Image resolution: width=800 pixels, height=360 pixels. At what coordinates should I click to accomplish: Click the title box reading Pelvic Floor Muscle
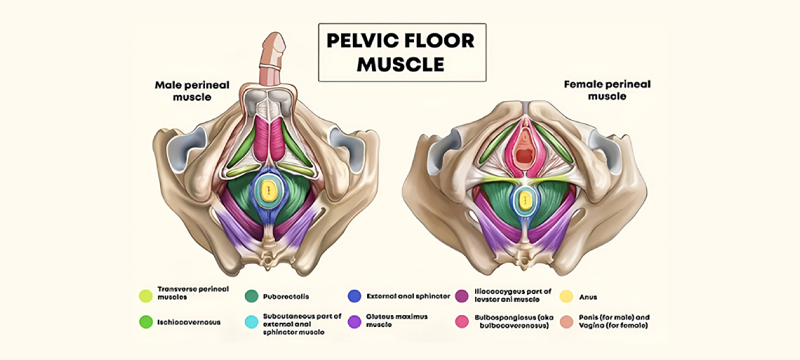pyautogui.click(x=401, y=53)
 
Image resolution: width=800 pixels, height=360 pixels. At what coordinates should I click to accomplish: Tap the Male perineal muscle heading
pyautogui.click(x=192, y=91)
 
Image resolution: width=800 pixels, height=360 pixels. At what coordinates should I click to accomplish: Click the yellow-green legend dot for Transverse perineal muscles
pyautogui.click(x=146, y=296)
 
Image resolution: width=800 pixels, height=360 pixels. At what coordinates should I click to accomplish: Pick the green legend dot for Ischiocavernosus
pyautogui.click(x=146, y=322)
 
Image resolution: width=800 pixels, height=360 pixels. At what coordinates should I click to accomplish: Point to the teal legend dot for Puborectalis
pyautogui.click(x=251, y=296)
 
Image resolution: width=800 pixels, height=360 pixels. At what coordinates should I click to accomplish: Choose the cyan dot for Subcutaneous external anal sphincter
pyautogui.click(x=251, y=322)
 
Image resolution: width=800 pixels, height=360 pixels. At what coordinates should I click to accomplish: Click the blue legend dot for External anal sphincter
pyautogui.click(x=354, y=296)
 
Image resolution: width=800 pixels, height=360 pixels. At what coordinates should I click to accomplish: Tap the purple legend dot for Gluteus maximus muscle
pyautogui.click(x=354, y=322)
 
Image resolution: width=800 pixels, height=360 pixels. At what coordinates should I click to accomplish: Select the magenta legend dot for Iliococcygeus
pyautogui.click(x=462, y=296)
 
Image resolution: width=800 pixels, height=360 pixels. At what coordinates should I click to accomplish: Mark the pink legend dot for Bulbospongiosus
pyautogui.click(x=462, y=322)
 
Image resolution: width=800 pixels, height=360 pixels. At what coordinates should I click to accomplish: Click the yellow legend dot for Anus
pyautogui.click(x=566, y=296)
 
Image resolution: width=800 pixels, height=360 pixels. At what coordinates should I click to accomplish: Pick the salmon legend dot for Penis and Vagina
pyautogui.click(x=566, y=322)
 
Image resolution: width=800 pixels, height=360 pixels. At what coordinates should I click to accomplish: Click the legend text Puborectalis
pyautogui.click(x=286, y=297)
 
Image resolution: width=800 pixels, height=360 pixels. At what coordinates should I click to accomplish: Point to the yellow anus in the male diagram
pyautogui.click(x=267, y=190)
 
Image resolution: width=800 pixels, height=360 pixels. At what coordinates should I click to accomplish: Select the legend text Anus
pyautogui.click(x=589, y=297)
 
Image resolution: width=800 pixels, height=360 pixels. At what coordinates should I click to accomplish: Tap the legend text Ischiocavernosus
pyautogui.click(x=189, y=322)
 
